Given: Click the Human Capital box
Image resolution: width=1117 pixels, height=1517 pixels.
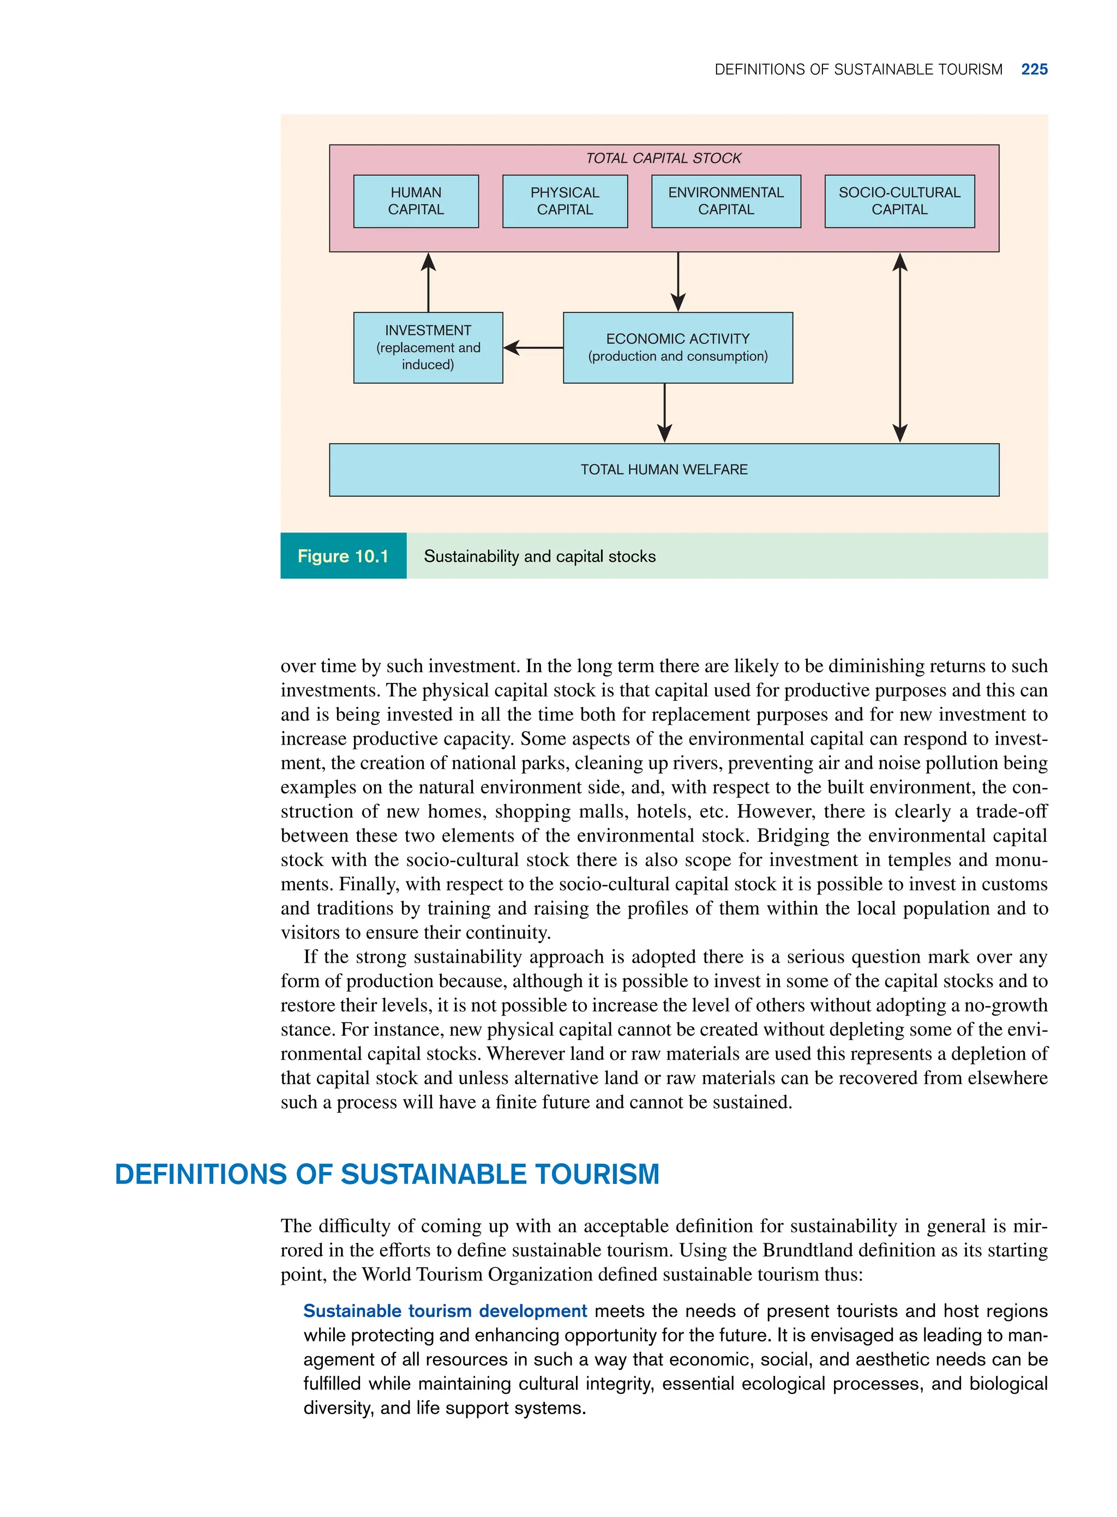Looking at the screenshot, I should [416, 201].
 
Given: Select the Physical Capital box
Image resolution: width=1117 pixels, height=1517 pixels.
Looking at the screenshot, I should [564, 201].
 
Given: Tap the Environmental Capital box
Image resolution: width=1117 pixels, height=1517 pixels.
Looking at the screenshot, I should [725, 201].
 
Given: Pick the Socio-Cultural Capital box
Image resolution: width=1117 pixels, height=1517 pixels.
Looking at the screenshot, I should [899, 201].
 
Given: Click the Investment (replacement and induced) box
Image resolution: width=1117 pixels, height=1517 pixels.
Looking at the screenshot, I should [428, 347].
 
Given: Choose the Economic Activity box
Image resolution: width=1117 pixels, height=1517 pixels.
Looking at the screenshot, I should [677, 347].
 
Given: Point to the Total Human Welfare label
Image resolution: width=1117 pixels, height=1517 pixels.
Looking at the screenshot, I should [664, 470].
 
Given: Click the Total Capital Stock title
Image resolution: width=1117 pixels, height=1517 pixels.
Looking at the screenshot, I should [663, 158].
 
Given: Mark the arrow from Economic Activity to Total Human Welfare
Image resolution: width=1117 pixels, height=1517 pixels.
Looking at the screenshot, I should [665, 413].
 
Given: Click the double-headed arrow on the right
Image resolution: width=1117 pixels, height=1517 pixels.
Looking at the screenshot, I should [899, 347].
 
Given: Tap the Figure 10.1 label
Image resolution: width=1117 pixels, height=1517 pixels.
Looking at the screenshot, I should [343, 556].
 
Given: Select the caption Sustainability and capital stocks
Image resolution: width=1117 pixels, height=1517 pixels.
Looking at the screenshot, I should [539, 556].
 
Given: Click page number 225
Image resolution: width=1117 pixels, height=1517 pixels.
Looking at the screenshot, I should [1035, 69].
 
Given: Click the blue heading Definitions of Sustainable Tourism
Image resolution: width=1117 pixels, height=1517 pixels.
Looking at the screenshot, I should [387, 1175].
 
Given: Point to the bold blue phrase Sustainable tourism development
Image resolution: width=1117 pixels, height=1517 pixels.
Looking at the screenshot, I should [445, 1311].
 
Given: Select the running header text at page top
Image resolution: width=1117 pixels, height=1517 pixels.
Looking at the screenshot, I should [858, 69].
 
